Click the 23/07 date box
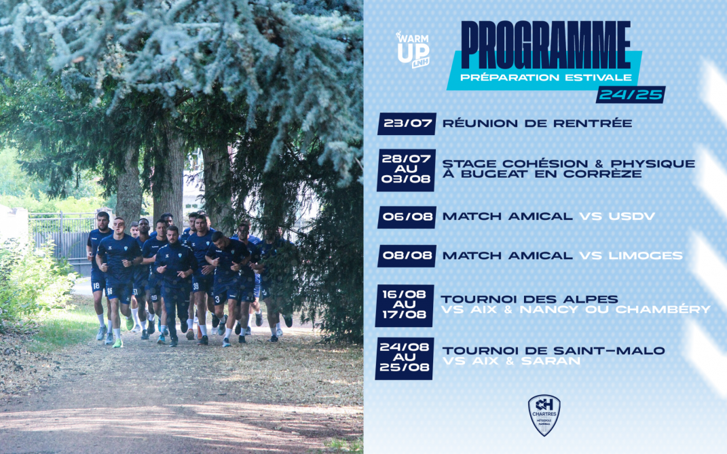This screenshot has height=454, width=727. [x=407, y=124]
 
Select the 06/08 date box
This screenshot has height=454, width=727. [x=407, y=216]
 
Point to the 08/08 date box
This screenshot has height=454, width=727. [x=407, y=256]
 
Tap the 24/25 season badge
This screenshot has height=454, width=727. [x=631, y=94]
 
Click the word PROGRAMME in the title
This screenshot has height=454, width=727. [x=546, y=45]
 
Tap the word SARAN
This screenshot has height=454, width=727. [x=551, y=361]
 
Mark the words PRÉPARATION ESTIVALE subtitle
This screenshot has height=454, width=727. [x=546, y=77]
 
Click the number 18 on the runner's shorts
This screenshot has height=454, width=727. [x=96, y=286]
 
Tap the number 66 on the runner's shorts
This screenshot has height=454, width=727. [x=109, y=291]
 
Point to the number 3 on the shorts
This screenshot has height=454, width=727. [x=217, y=300]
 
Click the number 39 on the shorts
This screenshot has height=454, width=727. [x=196, y=288]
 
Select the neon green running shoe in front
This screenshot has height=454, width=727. [x=117, y=343]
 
